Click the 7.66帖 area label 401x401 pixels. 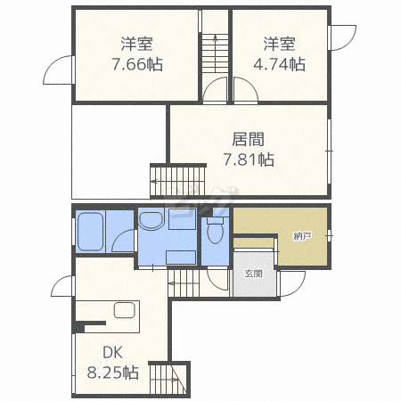[x=136, y=64]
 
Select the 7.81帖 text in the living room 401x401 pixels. [x=248, y=160]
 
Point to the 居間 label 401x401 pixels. [x=248, y=140]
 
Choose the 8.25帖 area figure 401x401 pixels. [x=112, y=372]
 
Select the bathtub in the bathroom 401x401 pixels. [x=91, y=233]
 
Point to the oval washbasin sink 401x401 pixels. [x=151, y=221]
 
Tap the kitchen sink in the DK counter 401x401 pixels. [x=123, y=312]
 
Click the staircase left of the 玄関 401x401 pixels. [x=184, y=284]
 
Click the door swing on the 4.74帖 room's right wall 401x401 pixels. [x=341, y=37]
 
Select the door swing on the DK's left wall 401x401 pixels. [x=63, y=287]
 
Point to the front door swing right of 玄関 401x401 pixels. [x=291, y=285]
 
